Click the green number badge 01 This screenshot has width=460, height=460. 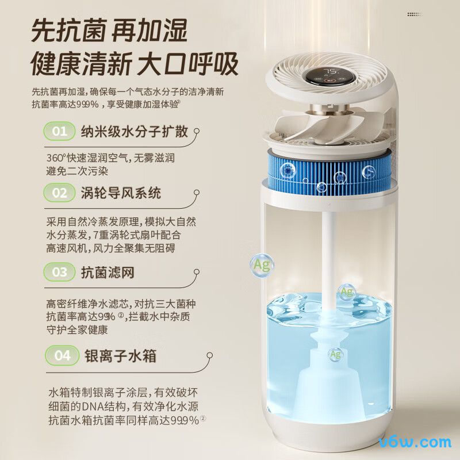[x=60, y=132]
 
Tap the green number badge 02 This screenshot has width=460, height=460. [x=60, y=193]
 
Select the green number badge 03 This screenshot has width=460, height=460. [x=60, y=272]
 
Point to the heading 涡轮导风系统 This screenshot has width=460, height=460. [x=121, y=193]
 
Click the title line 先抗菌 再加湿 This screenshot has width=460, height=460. [x=109, y=29]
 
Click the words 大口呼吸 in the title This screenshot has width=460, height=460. [x=187, y=64]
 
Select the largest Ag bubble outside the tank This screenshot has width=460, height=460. [x=262, y=264]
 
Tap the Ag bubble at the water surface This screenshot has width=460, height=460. [x=346, y=292]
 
